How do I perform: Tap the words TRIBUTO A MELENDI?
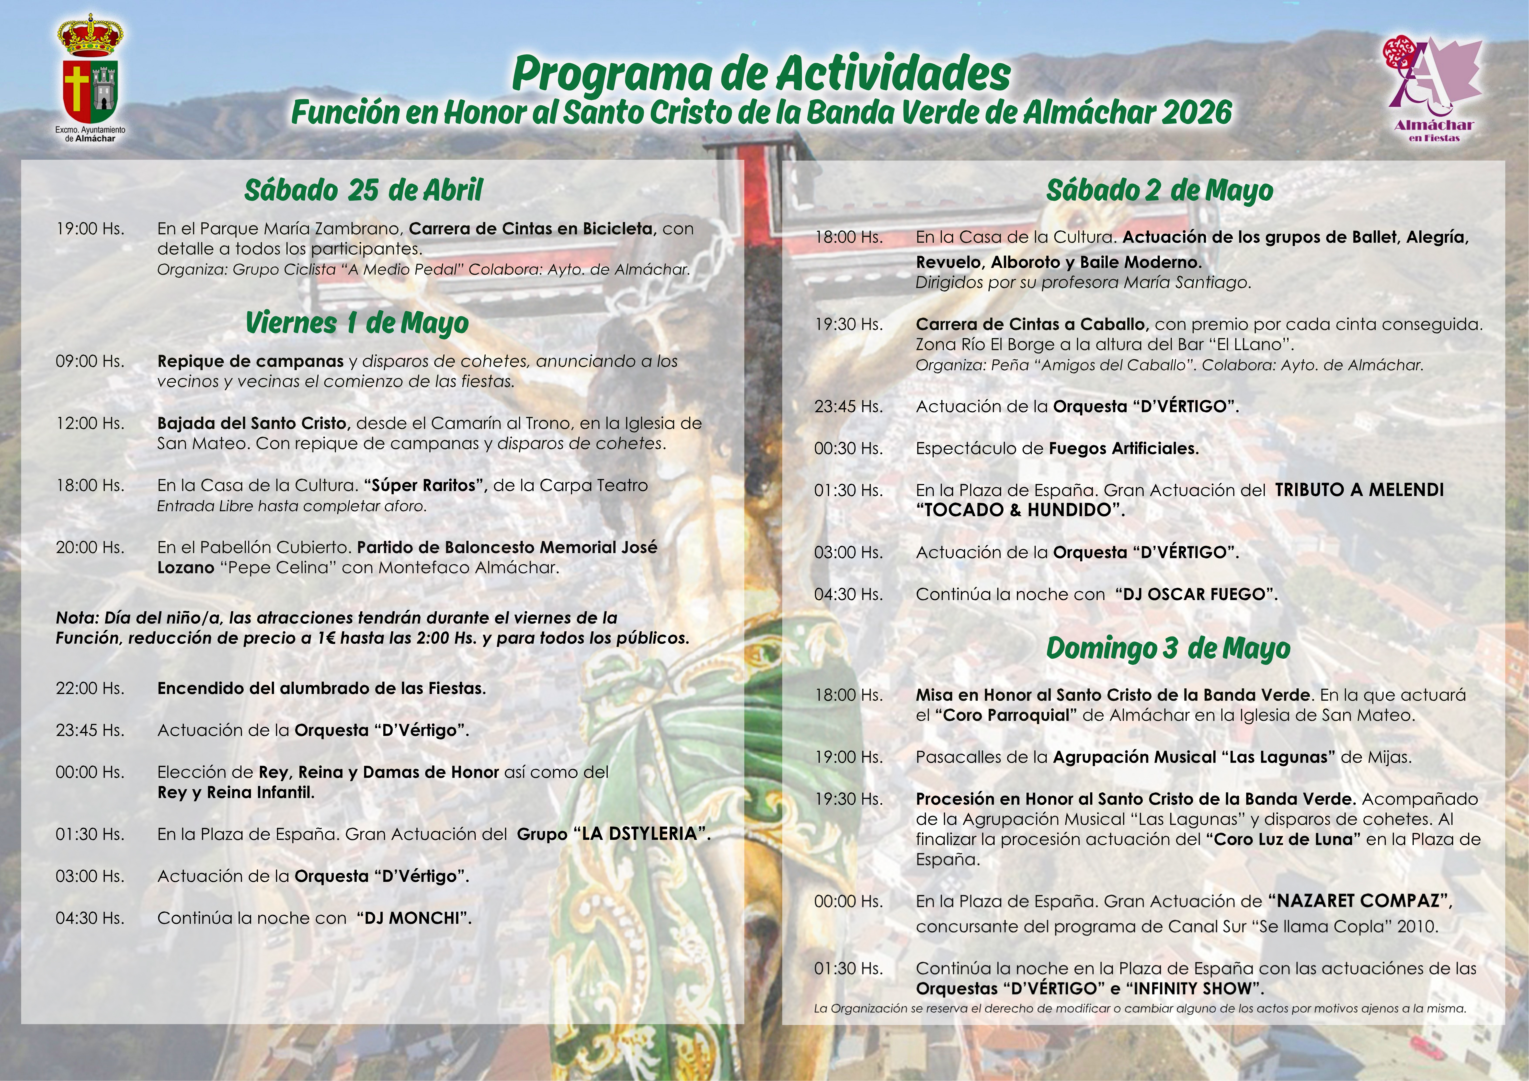coord(1358,490)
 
